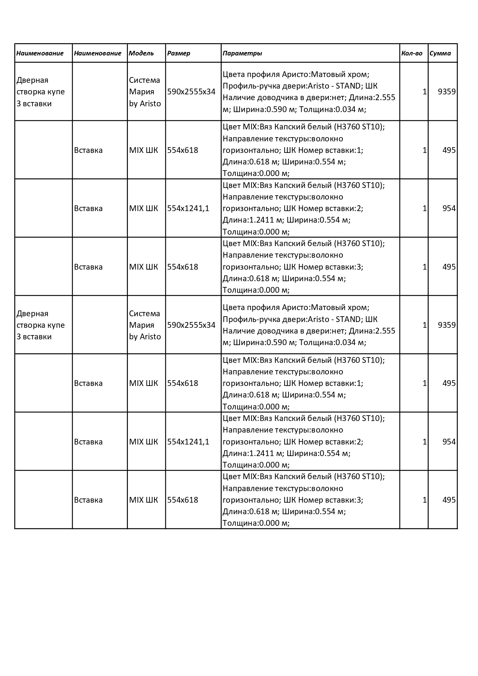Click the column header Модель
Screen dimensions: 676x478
pyautogui.click(x=141, y=53)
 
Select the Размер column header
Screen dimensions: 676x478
pyautogui.click(x=179, y=53)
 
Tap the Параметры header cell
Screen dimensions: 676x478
pyautogui.click(x=242, y=53)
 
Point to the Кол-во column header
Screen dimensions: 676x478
pyautogui.click(x=412, y=53)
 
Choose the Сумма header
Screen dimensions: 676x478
pyautogui.click(x=440, y=53)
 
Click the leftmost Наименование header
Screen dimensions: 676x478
pyautogui.click(x=40, y=53)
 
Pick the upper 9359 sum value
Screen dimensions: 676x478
pyautogui.click(x=446, y=92)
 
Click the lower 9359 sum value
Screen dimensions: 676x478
pyautogui.click(x=446, y=325)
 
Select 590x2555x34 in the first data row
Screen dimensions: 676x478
pyautogui.click(x=191, y=92)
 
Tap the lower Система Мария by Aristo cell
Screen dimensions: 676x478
pyautogui.click(x=144, y=325)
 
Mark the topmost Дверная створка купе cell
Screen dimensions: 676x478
pyautogui.click(x=40, y=92)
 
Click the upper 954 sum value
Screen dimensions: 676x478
pyautogui.click(x=449, y=208)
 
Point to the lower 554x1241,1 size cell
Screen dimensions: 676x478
pyautogui.click(x=188, y=441)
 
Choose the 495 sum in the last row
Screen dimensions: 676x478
pyautogui.click(x=449, y=500)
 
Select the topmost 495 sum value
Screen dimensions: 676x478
pyautogui.click(x=449, y=150)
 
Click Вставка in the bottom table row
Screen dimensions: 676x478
pyautogui.click(x=88, y=500)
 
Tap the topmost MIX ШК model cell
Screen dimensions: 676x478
pyautogui.click(x=143, y=150)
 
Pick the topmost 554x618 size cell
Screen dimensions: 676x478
pyautogui.click(x=183, y=150)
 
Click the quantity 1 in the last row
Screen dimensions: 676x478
pyautogui.click(x=424, y=500)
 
